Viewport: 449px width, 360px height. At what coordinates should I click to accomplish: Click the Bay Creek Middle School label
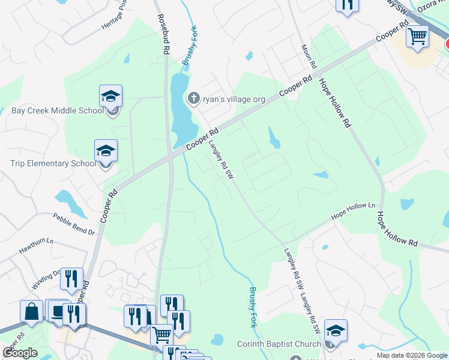tap(58, 110)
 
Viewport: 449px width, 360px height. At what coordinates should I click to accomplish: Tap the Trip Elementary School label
tap(53, 163)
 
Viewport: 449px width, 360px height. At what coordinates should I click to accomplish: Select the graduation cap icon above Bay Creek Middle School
tap(111, 97)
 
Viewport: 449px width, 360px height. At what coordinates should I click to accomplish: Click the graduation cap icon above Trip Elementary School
tap(106, 151)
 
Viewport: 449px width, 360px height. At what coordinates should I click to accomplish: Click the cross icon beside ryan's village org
tap(194, 98)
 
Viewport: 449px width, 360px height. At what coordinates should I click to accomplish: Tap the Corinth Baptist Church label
tap(279, 344)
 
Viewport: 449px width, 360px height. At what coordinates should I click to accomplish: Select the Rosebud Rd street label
tap(162, 35)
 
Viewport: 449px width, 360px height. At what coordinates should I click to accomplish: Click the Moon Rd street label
tap(309, 56)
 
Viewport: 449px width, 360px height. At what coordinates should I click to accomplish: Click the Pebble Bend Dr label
tap(74, 224)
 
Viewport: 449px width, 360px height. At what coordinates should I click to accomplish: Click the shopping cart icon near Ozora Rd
tap(417, 35)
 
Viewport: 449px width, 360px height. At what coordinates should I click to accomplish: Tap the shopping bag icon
tap(31, 311)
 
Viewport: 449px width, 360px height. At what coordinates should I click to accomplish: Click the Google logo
tap(20, 353)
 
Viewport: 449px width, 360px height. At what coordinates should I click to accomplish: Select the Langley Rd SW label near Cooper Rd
tap(220, 160)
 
